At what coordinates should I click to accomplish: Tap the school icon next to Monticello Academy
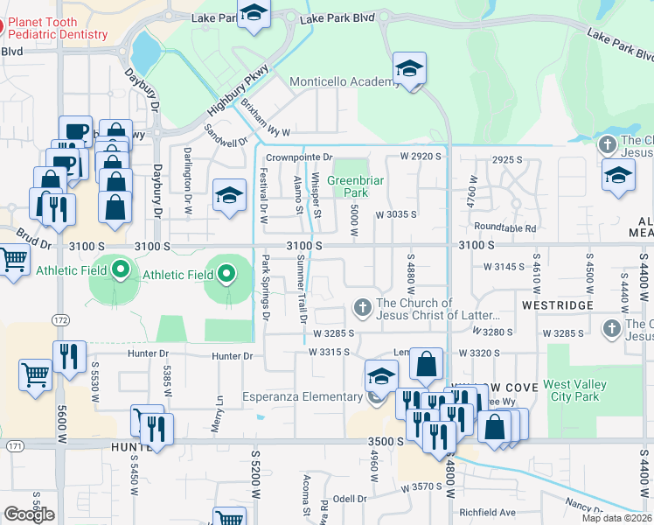[x=408, y=68]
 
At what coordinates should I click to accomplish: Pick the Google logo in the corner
[x=29, y=514]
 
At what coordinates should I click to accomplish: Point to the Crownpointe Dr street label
[x=300, y=157]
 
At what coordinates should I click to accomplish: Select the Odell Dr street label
[x=350, y=499]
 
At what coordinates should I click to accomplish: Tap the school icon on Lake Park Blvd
[x=254, y=13]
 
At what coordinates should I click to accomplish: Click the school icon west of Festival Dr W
[x=228, y=195]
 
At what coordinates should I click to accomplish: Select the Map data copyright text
[x=617, y=518]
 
